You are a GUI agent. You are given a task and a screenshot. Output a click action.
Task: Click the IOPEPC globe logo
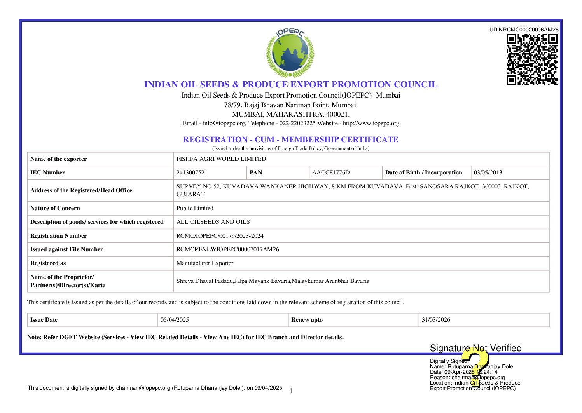[x=290, y=53]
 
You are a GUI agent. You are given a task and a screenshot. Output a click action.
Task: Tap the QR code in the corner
[x=532, y=59]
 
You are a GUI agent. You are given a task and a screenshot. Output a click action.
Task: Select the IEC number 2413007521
[x=192, y=173]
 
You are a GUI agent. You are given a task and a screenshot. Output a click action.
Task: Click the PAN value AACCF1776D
[x=331, y=173]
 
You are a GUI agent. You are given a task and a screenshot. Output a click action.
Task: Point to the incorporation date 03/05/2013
[x=488, y=173]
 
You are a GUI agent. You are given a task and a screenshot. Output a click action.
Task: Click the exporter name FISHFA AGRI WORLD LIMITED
[x=221, y=159]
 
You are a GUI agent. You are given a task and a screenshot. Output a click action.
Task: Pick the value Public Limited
[x=195, y=208]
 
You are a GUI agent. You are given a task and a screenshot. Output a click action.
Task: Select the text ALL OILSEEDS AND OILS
[x=213, y=222]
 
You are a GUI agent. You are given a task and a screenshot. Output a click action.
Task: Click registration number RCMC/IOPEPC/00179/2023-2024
[x=220, y=236]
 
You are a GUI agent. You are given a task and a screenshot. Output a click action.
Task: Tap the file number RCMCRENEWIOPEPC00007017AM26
[x=228, y=249]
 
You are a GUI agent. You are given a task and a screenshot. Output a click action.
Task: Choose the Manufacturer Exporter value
[x=205, y=263]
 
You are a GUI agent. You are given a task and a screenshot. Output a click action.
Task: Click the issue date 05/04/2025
[x=175, y=320]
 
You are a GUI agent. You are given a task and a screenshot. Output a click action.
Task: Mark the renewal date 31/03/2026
[x=436, y=320]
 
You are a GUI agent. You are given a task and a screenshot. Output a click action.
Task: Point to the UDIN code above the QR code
[x=524, y=30]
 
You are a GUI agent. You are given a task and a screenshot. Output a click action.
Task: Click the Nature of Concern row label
[x=55, y=208]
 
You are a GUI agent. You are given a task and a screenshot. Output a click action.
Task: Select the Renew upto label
[x=307, y=320]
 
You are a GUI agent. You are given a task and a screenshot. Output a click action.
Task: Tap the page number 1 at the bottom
[x=291, y=391]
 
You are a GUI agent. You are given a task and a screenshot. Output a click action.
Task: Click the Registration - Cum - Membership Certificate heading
[x=291, y=139]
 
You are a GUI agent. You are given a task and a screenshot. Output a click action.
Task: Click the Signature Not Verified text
[x=475, y=348]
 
